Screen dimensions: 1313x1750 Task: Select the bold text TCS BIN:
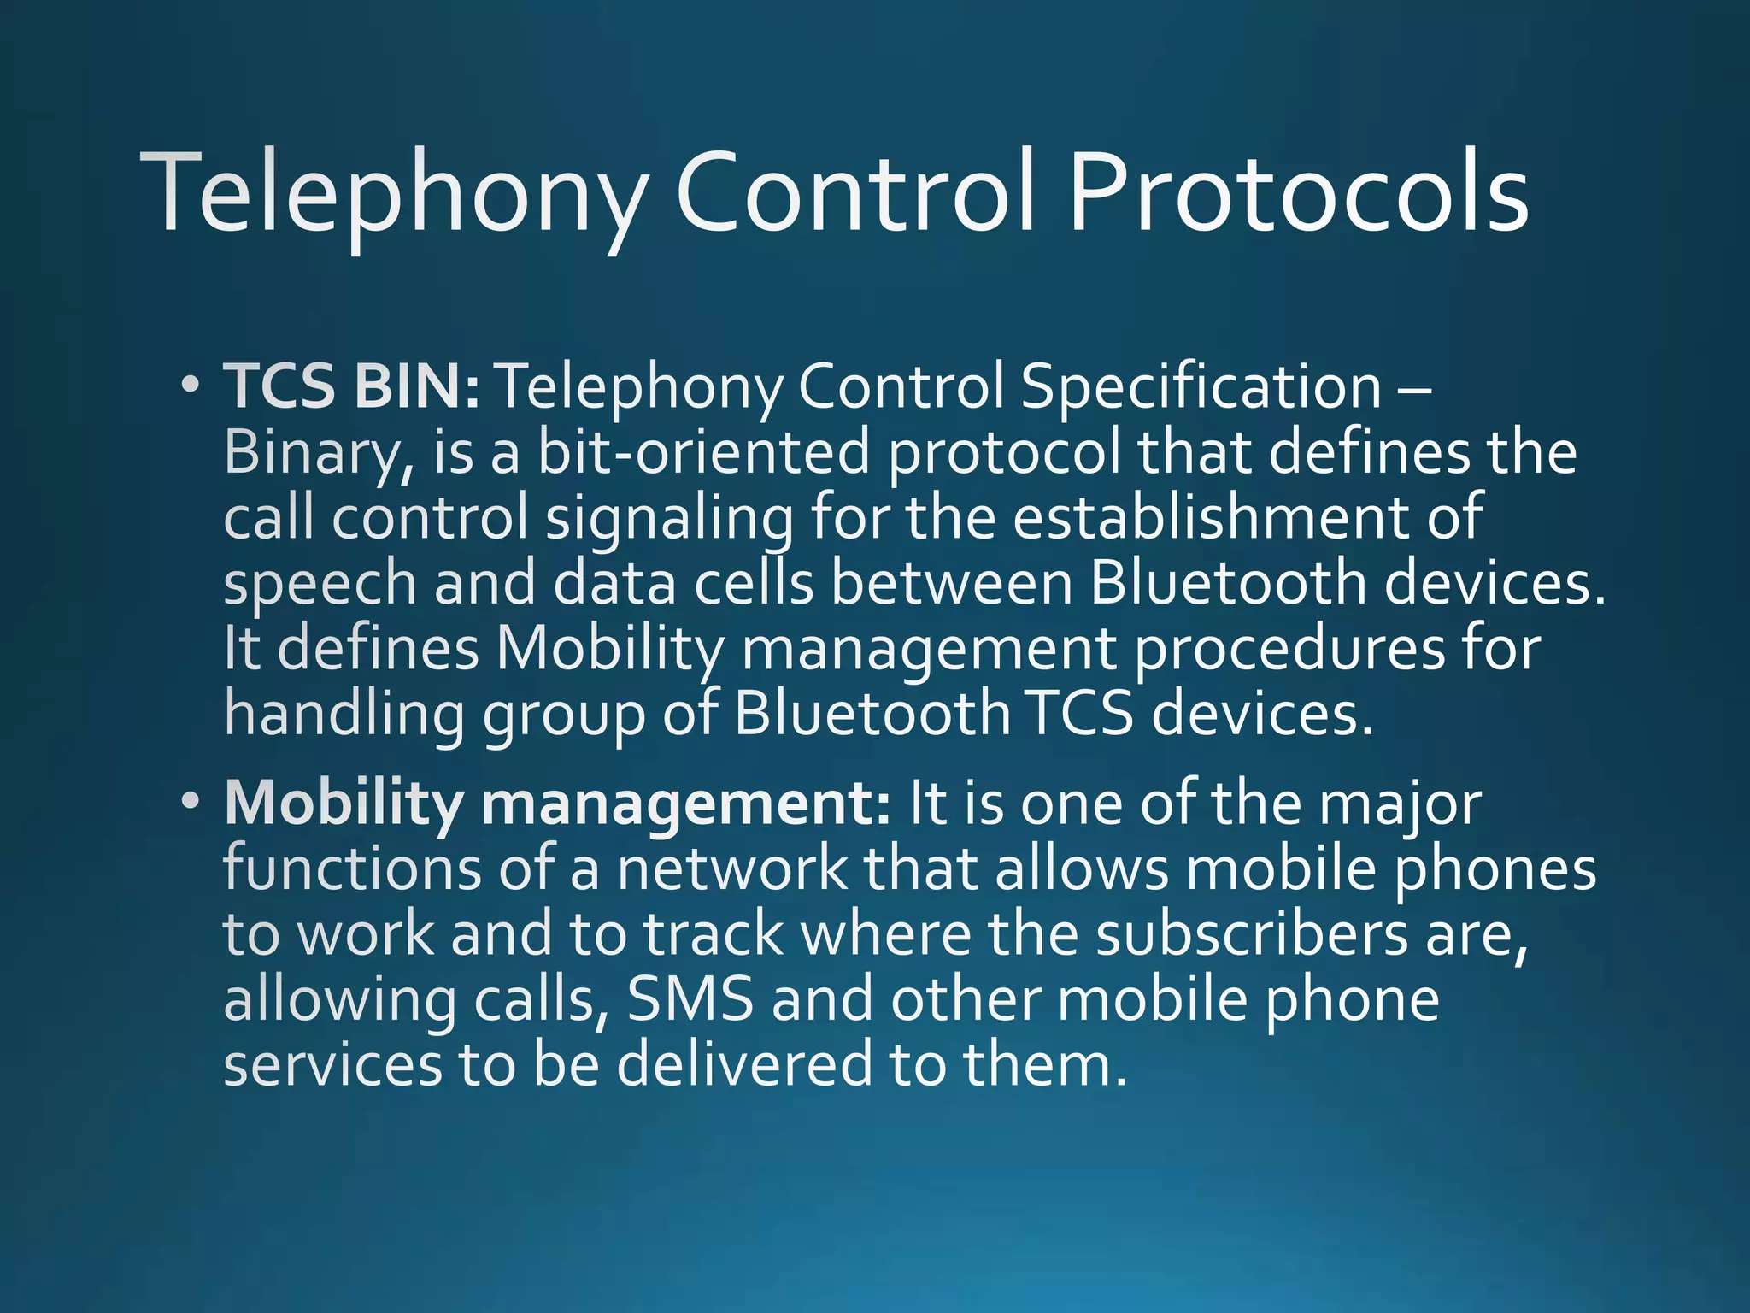(x=352, y=386)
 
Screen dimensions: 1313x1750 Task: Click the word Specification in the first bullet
(x=1201, y=386)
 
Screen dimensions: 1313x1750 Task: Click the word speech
(x=320, y=584)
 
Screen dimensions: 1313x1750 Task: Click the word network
(x=731, y=869)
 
